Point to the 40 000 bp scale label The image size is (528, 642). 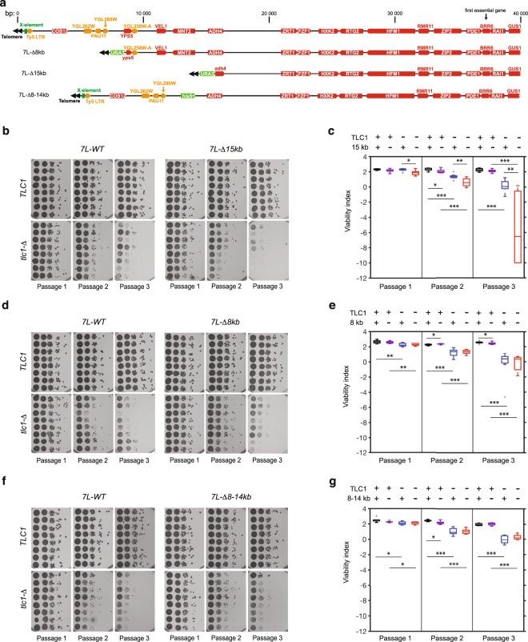514,14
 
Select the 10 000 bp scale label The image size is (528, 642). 143,14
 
